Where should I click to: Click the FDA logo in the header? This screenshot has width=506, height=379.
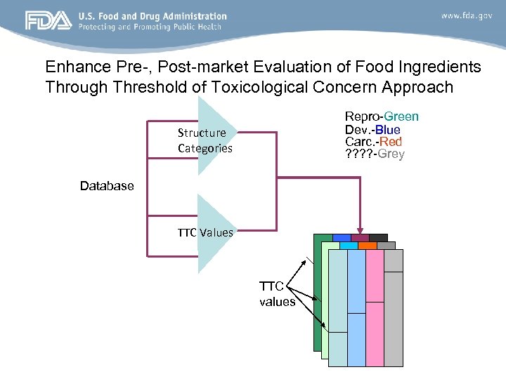click(48, 20)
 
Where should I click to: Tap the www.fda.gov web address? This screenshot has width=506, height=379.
click(466, 15)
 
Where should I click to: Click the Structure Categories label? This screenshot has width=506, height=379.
click(205, 140)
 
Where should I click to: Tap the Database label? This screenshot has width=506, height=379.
click(106, 186)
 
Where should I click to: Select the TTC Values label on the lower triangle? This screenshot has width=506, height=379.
click(205, 232)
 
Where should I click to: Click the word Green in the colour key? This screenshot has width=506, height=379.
click(401, 117)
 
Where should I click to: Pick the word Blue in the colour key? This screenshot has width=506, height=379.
click(387, 129)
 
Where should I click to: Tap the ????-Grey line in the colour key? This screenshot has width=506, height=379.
click(375, 154)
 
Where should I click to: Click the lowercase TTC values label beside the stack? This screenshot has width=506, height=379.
click(277, 294)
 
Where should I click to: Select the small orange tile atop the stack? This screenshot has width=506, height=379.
click(367, 246)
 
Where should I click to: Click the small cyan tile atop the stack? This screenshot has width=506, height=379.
click(349, 246)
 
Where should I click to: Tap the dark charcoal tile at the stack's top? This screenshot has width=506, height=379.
click(378, 237)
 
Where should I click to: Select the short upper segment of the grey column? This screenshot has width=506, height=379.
click(394, 260)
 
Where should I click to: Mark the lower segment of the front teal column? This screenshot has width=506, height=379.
click(337, 349)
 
